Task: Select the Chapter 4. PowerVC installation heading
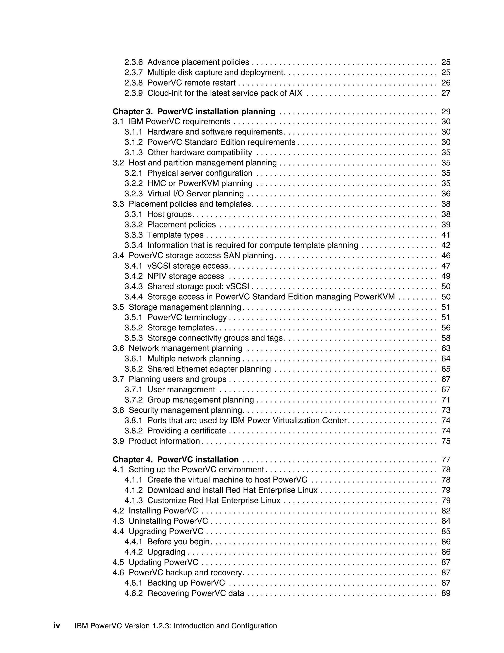(175, 460)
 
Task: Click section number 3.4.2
(133, 276)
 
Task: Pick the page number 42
(445, 245)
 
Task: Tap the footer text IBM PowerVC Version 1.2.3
(175, 626)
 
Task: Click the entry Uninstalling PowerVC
(168, 521)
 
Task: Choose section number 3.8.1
(133, 420)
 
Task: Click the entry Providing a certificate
(187, 430)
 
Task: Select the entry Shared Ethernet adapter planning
(209, 369)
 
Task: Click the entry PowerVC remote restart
(191, 83)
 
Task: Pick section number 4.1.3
(133, 500)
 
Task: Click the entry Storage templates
(181, 327)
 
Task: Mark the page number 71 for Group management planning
(445, 400)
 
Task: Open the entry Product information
(164, 441)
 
